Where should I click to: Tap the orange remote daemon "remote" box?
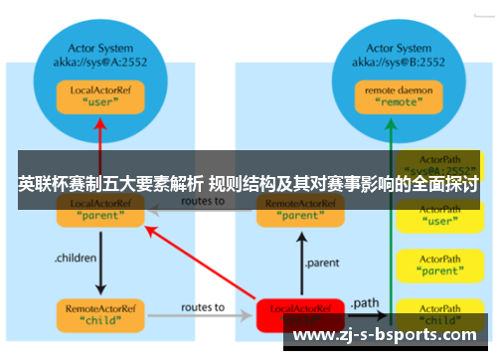(x=386, y=95)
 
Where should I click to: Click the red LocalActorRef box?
(x=301, y=314)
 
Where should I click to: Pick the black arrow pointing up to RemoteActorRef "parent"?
(x=301, y=264)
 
